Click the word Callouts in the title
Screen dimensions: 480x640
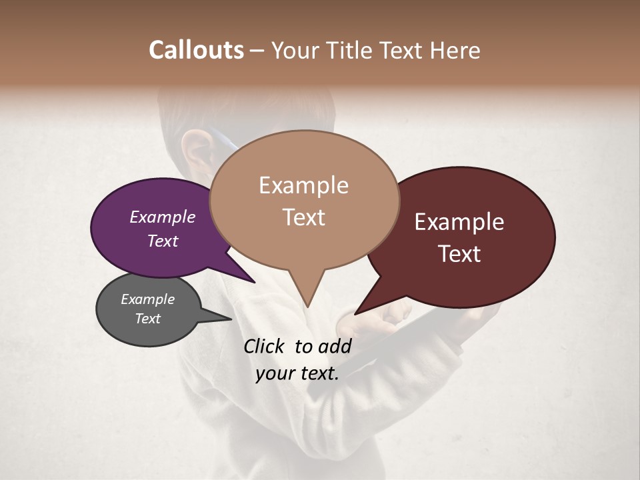coord(196,50)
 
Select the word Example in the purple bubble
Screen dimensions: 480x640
coord(163,217)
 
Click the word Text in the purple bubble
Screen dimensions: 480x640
coord(163,241)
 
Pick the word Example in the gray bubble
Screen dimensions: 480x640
coord(147,299)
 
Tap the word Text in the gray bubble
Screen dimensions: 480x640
coord(147,319)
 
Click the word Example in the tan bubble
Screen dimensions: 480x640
coord(303,185)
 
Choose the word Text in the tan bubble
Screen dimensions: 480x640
coord(303,217)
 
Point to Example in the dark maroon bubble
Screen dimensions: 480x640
coord(459,222)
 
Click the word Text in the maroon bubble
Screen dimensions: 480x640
coord(459,254)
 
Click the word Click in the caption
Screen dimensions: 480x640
coord(265,346)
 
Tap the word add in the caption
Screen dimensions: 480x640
coord(335,346)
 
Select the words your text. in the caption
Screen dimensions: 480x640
coord(297,373)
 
